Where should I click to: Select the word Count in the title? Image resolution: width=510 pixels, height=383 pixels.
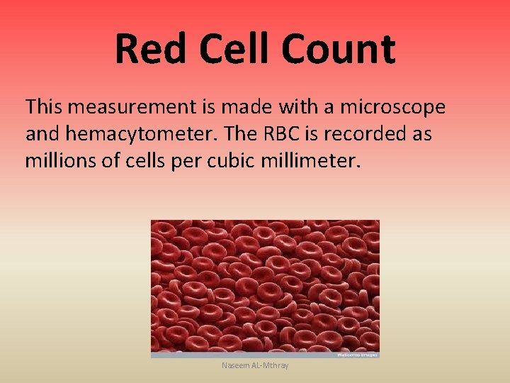click(x=337, y=49)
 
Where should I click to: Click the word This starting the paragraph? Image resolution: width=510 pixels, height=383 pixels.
click(x=44, y=107)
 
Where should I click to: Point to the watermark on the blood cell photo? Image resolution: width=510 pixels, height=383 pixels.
click(x=358, y=354)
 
